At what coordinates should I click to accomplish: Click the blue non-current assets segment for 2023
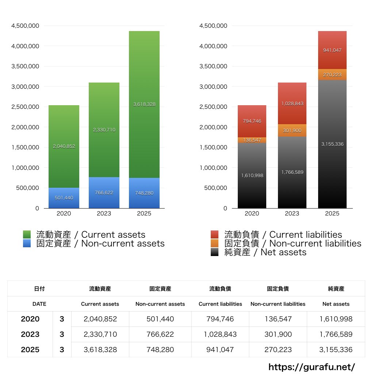pyautogui.click(x=104, y=192)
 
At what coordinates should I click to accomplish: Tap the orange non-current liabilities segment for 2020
pyautogui.click(x=252, y=140)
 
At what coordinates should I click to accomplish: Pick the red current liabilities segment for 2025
pyautogui.click(x=332, y=50)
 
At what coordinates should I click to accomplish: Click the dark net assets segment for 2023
pyautogui.click(x=292, y=172)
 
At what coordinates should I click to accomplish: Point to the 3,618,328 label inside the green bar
pyautogui.click(x=144, y=104)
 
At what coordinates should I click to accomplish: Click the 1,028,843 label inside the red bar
pyautogui.click(x=292, y=103)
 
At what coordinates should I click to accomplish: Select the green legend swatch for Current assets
pyautogui.click(x=28, y=234)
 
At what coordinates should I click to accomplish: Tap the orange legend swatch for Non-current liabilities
pyautogui.click(x=215, y=243)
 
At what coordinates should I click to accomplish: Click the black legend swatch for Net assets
pyautogui.click(x=215, y=252)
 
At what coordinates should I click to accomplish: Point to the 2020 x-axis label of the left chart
pyautogui.click(x=64, y=214)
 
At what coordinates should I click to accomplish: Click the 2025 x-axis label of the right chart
pyautogui.click(x=332, y=214)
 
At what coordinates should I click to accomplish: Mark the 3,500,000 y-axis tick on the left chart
pyautogui.click(x=25, y=66)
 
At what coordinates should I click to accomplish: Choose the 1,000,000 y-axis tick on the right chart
pyautogui.click(x=213, y=168)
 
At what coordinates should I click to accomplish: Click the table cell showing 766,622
pyautogui.click(x=160, y=334)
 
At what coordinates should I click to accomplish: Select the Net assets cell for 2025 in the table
pyautogui.click(x=336, y=350)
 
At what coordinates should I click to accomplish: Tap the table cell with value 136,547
pyautogui.click(x=278, y=319)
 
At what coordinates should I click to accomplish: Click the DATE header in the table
pyautogui.click(x=39, y=304)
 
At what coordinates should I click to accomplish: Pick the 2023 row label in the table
pyautogui.click(x=30, y=334)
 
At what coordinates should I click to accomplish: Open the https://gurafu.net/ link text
pyautogui.click(x=312, y=367)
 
